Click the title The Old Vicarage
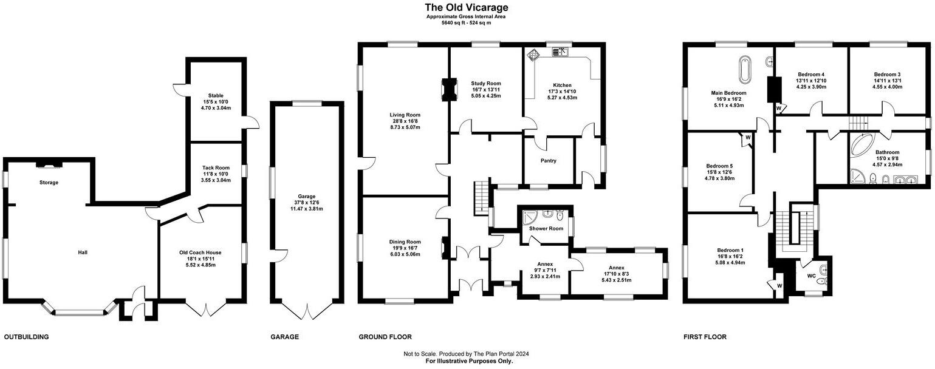coord(466,7)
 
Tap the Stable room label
coord(216,95)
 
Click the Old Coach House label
coord(200,252)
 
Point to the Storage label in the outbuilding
coord(49,182)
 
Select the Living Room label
coord(405,115)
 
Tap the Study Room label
coord(485,83)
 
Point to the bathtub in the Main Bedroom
coord(744,70)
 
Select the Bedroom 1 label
coord(730,250)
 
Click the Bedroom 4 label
coord(810,74)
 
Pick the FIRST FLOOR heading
coord(705,337)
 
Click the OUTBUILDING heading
coord(26,337)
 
